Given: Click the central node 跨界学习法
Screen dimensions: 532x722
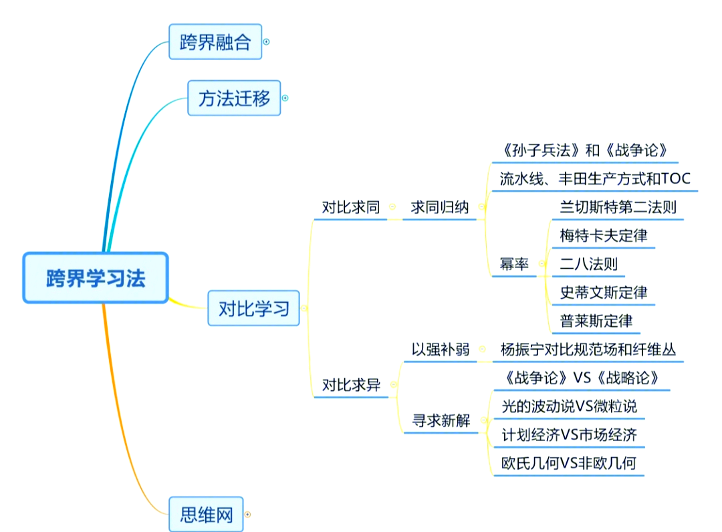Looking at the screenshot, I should [96, 278].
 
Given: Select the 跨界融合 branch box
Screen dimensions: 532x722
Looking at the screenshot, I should [215, 42].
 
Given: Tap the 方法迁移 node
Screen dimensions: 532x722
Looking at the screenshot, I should [234, 98].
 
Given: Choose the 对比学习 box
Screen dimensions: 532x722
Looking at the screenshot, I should [254, 308].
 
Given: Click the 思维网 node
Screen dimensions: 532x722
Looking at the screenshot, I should [206, 515].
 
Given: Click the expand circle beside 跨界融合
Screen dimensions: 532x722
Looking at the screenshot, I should [266, 41].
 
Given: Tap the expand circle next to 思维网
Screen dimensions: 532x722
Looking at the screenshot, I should [247, 515].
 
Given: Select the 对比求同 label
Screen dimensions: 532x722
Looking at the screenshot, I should [350, 207].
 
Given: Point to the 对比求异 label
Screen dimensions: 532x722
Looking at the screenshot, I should [351, 385].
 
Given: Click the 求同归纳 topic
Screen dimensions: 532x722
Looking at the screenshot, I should [439, 207].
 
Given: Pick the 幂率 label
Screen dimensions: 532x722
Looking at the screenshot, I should [514, 264].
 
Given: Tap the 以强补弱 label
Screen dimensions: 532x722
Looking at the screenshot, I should [440, 350].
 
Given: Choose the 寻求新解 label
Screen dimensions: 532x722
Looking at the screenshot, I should [441, 421].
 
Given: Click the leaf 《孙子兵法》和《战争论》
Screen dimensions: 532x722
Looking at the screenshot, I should [584, 150].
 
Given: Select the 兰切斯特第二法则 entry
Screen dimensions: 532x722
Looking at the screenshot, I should [618, 207].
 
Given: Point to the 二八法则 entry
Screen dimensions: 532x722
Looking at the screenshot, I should [589, 264].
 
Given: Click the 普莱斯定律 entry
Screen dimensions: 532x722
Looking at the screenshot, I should [596, 321].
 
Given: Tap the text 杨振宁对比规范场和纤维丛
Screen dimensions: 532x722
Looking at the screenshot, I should [590, 350].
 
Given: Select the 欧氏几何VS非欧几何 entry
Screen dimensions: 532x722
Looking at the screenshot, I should [569, 462].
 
